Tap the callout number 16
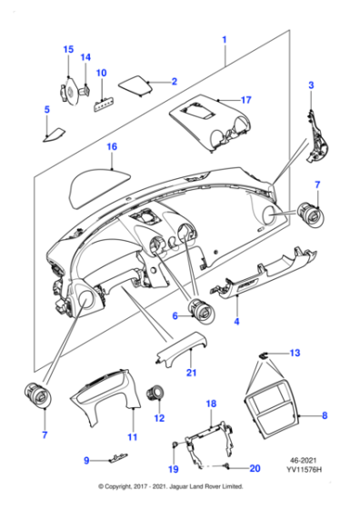tap(111, 145)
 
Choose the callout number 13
tap(294, 352)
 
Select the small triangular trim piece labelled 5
tap(55, 134)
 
